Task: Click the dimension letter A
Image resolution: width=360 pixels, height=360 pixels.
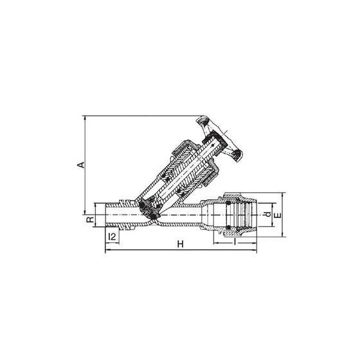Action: click(x=81, y=165)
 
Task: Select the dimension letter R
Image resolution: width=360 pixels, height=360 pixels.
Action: click(x=90, y=219)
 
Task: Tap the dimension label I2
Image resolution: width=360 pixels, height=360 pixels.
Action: click(x=112, y=237)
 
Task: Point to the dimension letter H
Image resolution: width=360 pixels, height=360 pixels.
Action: click(x=181, y=244)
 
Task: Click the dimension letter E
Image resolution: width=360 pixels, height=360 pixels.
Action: click(x=278, y=215)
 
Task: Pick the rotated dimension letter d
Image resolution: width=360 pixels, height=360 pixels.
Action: click(x=267, y=215)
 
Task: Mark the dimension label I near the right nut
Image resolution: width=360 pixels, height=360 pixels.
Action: click(x=235, y=241)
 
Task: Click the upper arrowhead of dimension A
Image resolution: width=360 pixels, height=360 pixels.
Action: click(x=85, y=118)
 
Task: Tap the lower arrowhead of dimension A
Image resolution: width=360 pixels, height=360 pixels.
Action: click(x=85, y=212)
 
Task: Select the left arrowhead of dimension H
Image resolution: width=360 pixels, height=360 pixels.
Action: click(x=107, y=250)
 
